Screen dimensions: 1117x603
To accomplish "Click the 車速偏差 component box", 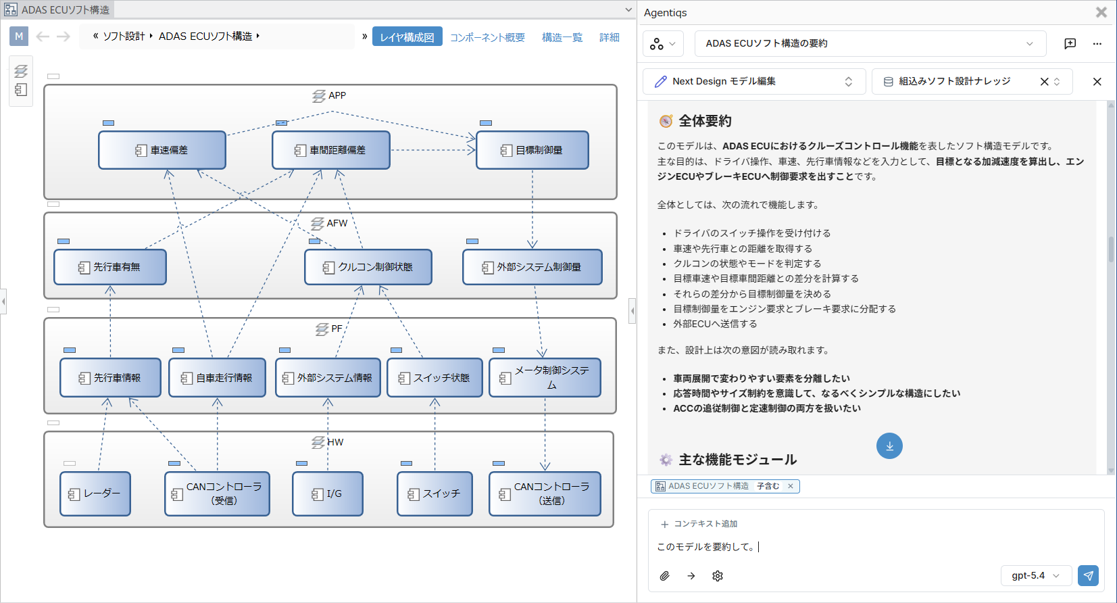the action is click(162, 150).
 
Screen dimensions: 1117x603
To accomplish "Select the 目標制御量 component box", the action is click(532, 150).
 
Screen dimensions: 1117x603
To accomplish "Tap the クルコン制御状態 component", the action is click(368, 267).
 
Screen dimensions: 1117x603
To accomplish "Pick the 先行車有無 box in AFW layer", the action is click(110, 267).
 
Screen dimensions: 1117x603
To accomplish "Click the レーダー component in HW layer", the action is click(95, 493).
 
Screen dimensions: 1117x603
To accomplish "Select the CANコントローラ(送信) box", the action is click(545, 493).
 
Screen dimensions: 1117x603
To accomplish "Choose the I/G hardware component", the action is click(328, 493).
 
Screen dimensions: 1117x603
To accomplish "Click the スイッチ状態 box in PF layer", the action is click(435, 378).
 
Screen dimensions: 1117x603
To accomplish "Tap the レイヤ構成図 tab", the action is click(407, 37).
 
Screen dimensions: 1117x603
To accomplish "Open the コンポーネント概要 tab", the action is click(487, 37).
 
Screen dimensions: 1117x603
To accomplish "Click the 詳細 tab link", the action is click(609, 37).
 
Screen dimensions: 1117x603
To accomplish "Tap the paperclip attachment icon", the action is click(664, 576).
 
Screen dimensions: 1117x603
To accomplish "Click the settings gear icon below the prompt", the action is click(718, 576).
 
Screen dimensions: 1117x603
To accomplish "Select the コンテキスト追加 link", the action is click(699, 524).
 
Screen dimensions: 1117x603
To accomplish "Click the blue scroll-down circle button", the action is click(889, 446).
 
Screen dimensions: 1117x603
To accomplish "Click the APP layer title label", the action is click(337, 95).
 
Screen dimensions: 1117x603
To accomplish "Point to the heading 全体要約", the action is click(705, 121).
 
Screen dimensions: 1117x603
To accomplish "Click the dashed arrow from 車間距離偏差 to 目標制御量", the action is click(433, 150).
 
